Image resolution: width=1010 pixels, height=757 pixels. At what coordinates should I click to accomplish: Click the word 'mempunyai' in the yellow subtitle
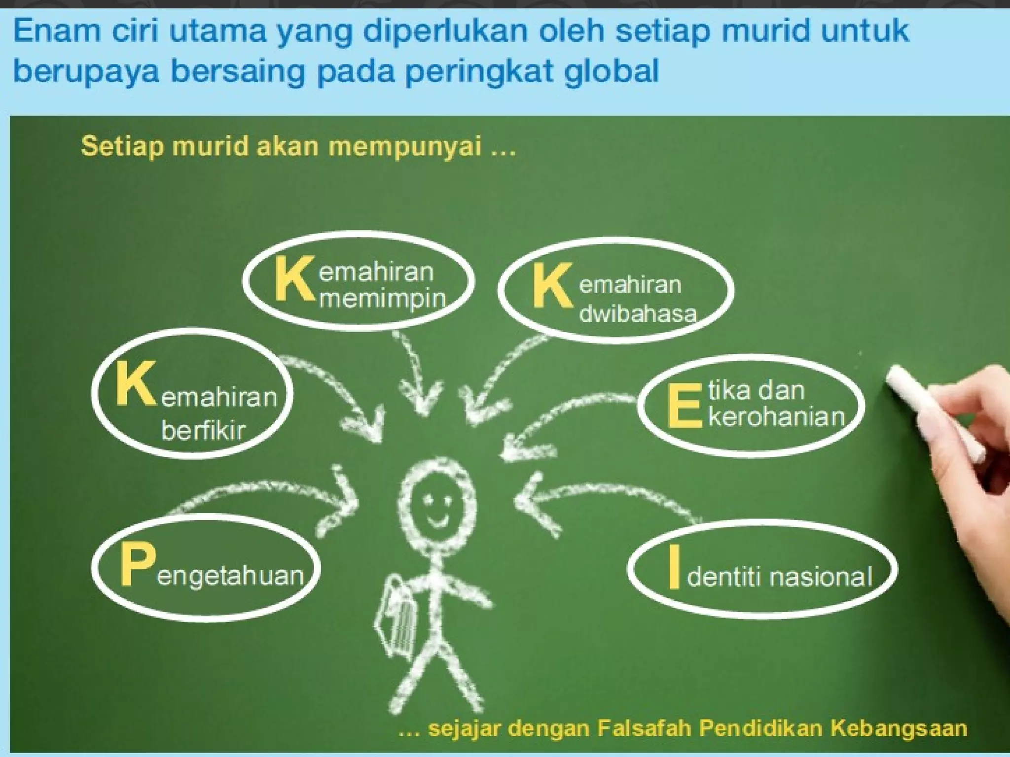(x=404, y=146)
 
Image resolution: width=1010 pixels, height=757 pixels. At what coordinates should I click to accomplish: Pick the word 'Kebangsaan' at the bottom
(x=899, y=728)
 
